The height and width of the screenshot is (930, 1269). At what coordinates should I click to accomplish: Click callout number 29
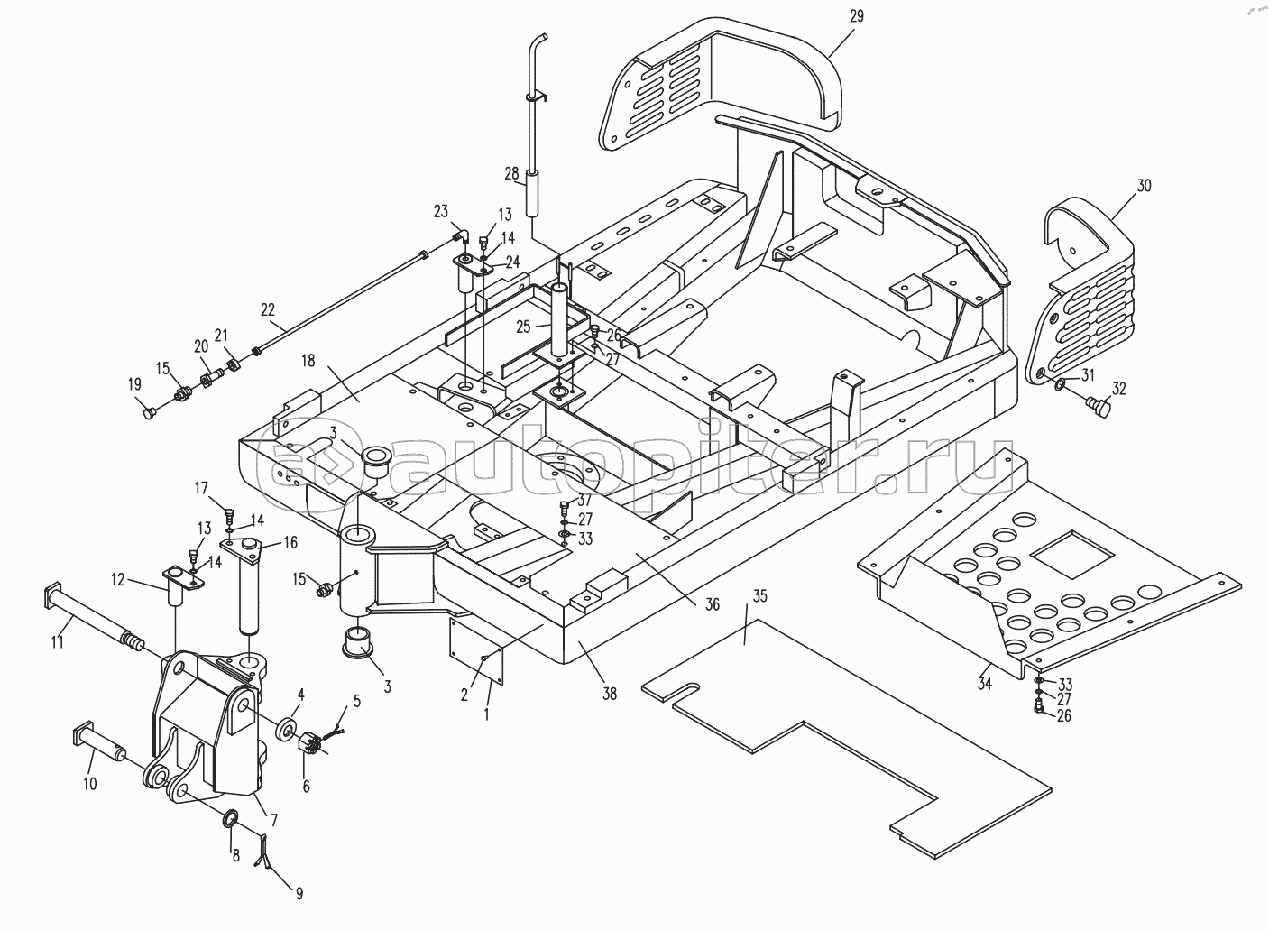click(857, 16)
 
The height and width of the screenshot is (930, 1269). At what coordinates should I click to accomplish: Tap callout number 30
click(1144, 185)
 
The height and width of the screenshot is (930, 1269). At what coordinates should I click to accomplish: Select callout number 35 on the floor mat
click(759, 595)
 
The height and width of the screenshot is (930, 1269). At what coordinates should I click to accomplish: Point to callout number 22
click(267, 309)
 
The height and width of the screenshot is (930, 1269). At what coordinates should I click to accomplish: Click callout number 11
click(57, 642)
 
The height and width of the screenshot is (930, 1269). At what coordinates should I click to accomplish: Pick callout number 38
click(610, 693)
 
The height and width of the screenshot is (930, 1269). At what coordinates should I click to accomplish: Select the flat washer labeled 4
click(288, 728)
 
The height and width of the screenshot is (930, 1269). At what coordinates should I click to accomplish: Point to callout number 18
click(308, 361)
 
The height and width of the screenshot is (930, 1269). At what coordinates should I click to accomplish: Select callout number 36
click(713, 604)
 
